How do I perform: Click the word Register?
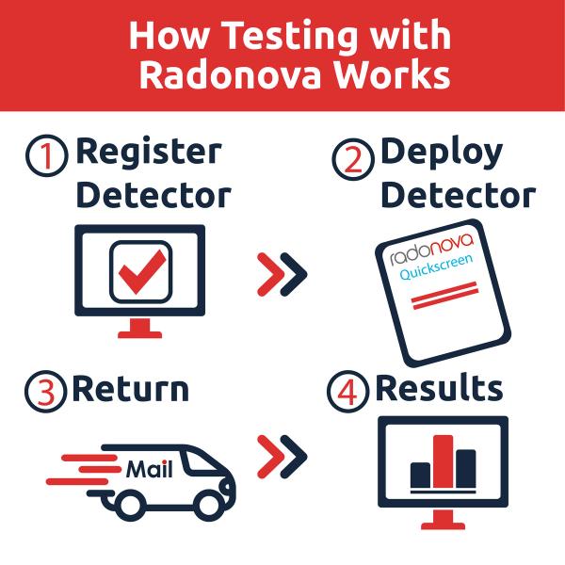click(x=148, y=152)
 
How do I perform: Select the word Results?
click(x=439, y=389)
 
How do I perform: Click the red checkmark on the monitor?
click(x=142, y=271)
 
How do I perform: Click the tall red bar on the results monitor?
click(x=443, y=461)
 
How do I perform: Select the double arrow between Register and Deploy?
click(x=282, y=273)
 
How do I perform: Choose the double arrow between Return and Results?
click(x=282, y=458)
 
